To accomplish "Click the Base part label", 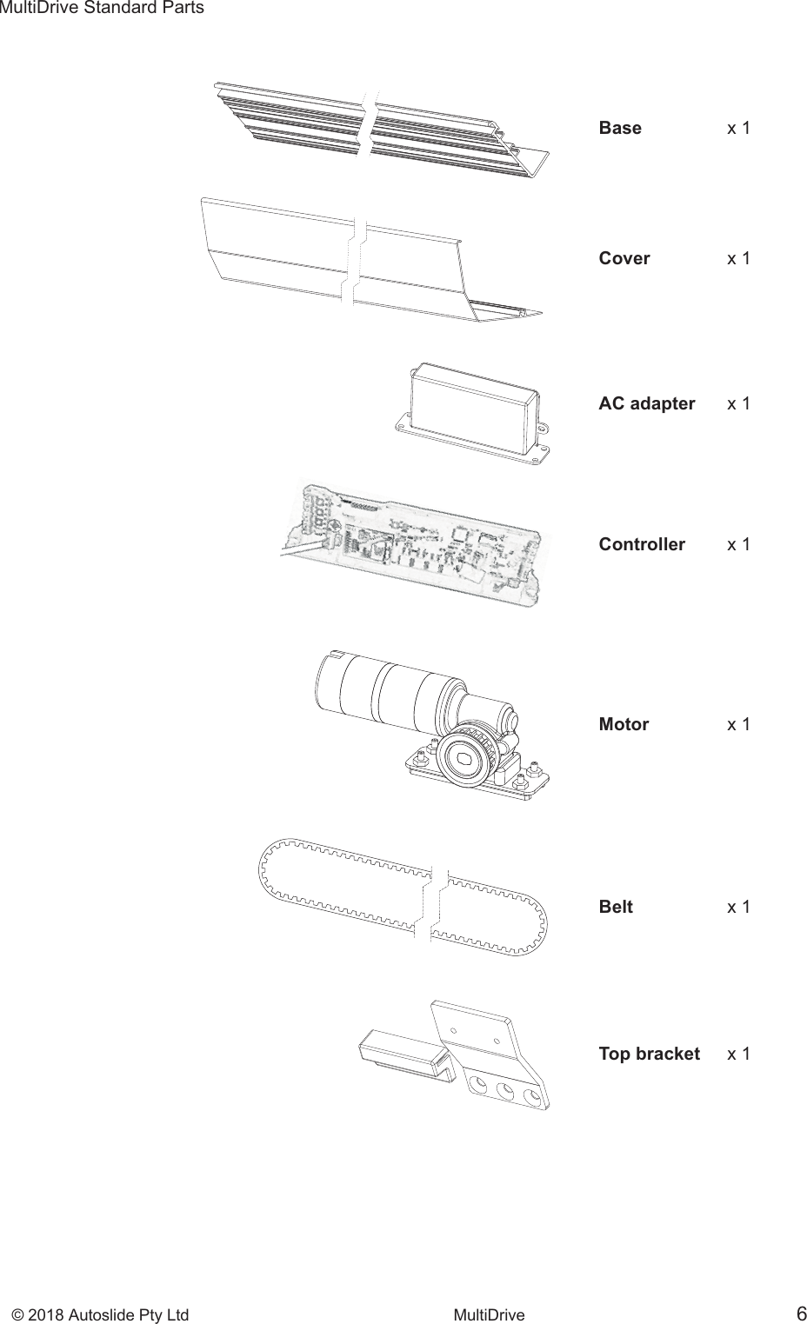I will [620, 128].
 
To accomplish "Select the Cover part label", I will [624, 258].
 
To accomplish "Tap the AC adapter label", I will [646, 403].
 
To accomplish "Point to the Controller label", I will [642, 544].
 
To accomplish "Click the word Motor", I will [624, 724].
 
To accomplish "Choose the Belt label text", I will [616, 907].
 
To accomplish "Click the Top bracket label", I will [649, 1054].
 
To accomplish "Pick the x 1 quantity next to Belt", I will [738, 907].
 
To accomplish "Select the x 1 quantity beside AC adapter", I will [738, 403].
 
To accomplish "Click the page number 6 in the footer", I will [799, 1313].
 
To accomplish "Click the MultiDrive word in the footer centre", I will [490, 1314].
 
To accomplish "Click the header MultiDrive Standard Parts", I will [102, 8].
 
